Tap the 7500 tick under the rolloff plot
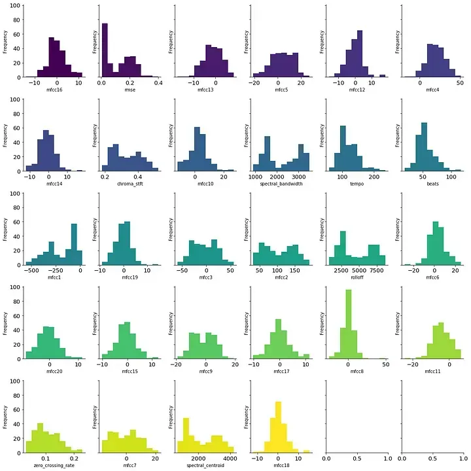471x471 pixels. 378,270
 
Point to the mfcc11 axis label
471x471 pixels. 430,371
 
